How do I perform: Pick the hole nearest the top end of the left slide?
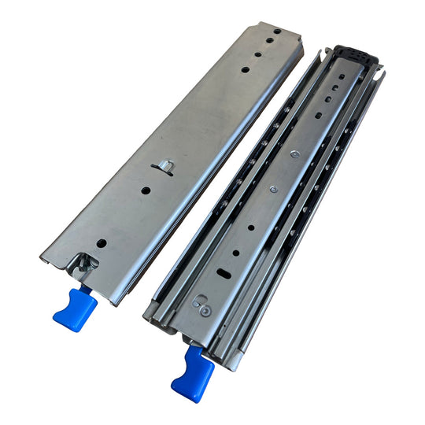click(276, 35)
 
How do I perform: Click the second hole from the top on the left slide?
click(268, 45)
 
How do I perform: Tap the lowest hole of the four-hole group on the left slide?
click(246, 70)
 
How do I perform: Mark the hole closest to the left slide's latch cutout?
click(100, 242)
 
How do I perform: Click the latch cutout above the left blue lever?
click(84, 263)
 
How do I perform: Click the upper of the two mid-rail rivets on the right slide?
click(293, 155)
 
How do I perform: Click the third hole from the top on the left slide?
click(257, 57)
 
